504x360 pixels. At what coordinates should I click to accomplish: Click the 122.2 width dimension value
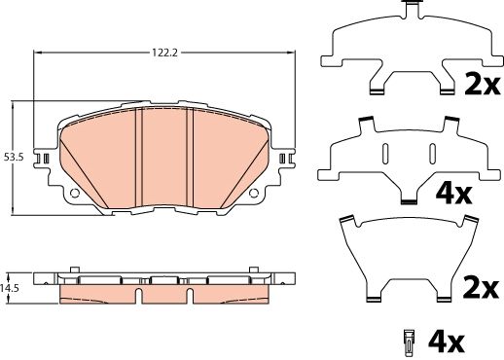[x=165, y=53]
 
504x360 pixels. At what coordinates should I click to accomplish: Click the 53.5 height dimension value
[x=14, y=158]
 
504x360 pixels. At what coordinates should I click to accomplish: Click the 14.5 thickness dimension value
[x=9, y=288]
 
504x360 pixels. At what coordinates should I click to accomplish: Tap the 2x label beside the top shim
[x=482, y=84]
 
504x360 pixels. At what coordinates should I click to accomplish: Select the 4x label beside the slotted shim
[x=453, y=194]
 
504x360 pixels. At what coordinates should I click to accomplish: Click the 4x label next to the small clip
[x=446, y=342]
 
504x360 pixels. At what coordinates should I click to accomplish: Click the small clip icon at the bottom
[x=410, y=342]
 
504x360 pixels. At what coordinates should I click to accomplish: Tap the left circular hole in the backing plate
[x=75, y=194]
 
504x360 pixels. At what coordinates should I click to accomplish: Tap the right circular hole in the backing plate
[x=253, y=194]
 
